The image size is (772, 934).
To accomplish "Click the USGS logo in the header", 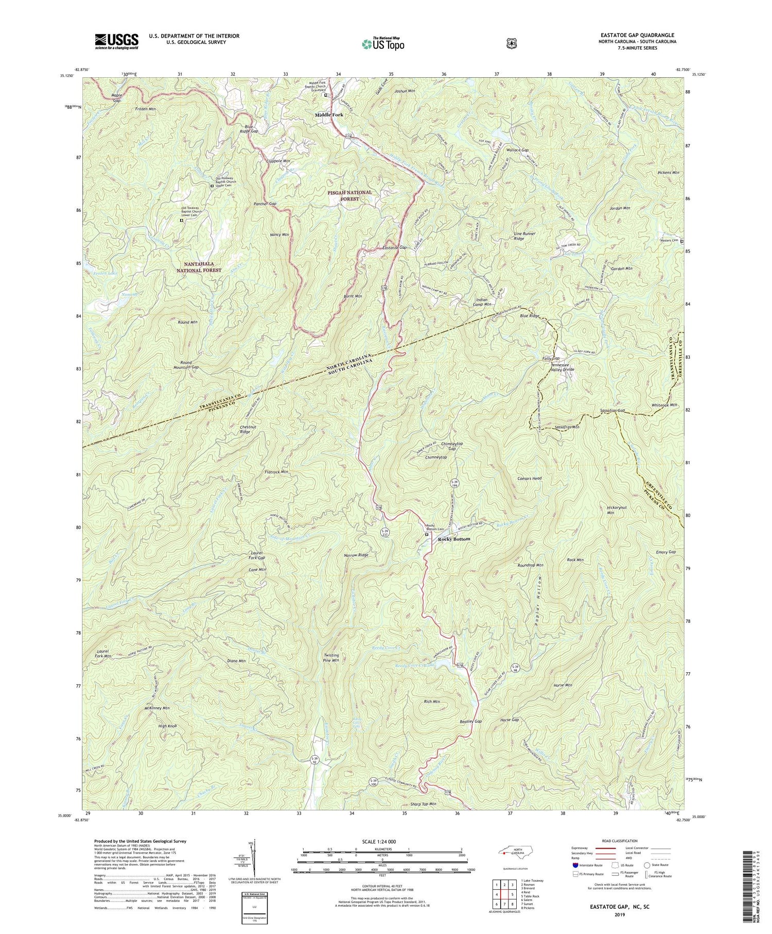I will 116,41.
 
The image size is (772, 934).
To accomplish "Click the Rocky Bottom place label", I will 454,539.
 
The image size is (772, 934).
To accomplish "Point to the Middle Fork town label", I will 329,115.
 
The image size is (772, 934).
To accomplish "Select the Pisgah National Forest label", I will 350,195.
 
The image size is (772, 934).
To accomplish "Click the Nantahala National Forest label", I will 199,266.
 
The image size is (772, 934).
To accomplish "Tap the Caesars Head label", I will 529,478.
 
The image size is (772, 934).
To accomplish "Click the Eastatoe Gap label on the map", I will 395,248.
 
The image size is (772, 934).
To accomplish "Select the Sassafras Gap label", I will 612,411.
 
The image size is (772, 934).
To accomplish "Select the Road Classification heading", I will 617,841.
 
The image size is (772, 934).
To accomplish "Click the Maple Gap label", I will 117,98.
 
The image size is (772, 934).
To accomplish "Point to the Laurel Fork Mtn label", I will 103,654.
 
